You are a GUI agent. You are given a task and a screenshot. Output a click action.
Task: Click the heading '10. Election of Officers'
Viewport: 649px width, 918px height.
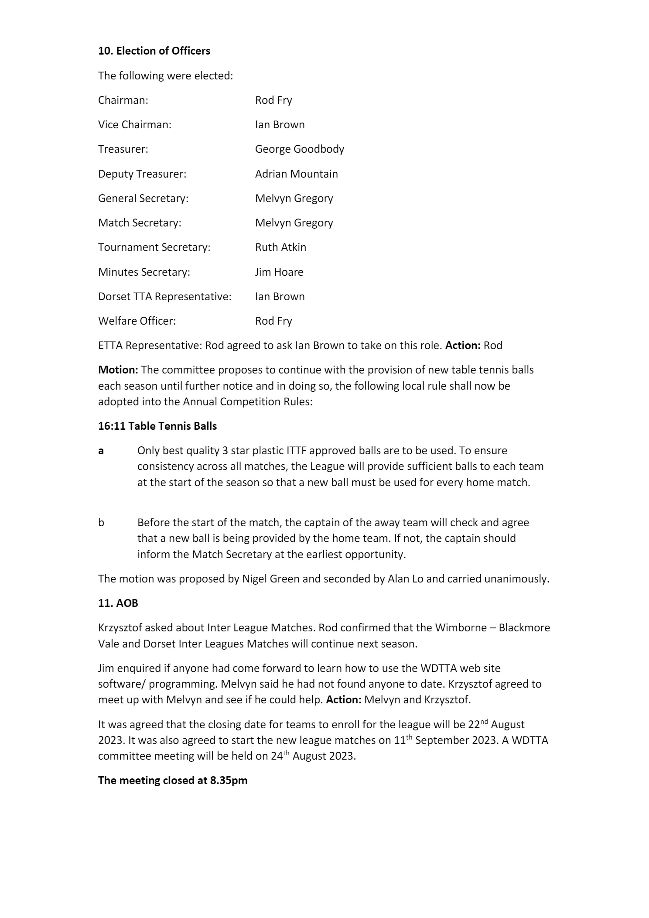(154, 51)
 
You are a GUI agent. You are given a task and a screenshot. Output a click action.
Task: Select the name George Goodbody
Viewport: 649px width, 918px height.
(299, 149)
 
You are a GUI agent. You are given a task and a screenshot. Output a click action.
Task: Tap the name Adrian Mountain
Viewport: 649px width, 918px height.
(296, 174)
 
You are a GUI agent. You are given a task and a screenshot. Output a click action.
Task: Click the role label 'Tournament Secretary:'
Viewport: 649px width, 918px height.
(154, 247)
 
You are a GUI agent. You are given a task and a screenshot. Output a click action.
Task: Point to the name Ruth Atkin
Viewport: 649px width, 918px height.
(280, 247)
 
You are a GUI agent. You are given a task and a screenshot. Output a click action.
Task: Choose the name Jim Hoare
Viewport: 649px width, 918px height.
(279, 272)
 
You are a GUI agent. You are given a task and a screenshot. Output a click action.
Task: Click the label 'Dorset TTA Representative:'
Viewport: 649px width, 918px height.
(164, 297)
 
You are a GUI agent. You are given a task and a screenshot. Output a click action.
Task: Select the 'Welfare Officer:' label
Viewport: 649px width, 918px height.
(137, 321)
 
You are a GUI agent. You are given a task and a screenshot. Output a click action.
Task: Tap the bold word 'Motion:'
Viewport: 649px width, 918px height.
(118, 370)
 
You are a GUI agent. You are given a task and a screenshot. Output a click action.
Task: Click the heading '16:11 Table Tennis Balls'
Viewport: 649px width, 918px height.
(157, 426)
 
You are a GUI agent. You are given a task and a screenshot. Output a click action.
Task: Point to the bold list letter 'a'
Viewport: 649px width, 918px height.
(101, 451)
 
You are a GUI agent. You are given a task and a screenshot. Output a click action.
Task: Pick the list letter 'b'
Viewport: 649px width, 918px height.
(101, 523)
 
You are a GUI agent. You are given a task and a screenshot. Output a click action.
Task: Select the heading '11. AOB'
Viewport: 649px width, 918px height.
(118, 603)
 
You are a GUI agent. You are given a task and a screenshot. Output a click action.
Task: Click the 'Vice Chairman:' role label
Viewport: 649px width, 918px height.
(134, 125)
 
